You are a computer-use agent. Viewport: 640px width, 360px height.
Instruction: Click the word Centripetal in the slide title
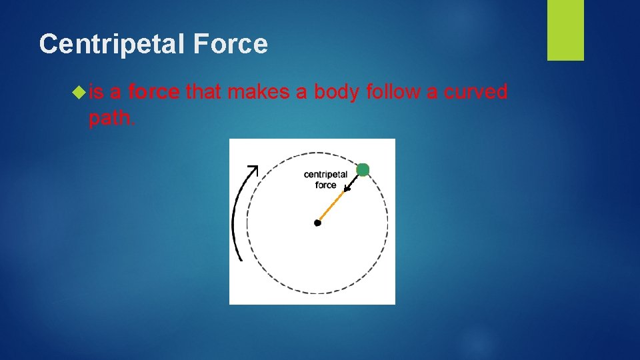coord(113,45)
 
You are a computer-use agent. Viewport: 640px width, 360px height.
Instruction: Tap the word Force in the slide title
coord(231,45)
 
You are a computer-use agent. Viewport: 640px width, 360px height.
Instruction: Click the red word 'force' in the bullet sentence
coord(154,92)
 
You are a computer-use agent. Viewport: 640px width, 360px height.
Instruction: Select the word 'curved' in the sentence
coord(476,92)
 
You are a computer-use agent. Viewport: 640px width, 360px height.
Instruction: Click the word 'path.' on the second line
coord(111,118)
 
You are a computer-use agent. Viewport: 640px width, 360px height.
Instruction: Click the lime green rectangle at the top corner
coord(565,30)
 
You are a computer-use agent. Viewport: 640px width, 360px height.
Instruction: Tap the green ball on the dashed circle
coord(363,170)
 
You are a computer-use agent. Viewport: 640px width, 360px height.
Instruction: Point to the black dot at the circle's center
coord(317,223)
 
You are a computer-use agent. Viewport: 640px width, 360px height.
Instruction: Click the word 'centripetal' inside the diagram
coord(325,175)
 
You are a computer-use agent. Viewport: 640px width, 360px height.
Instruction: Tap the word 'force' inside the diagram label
coord(325,185)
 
